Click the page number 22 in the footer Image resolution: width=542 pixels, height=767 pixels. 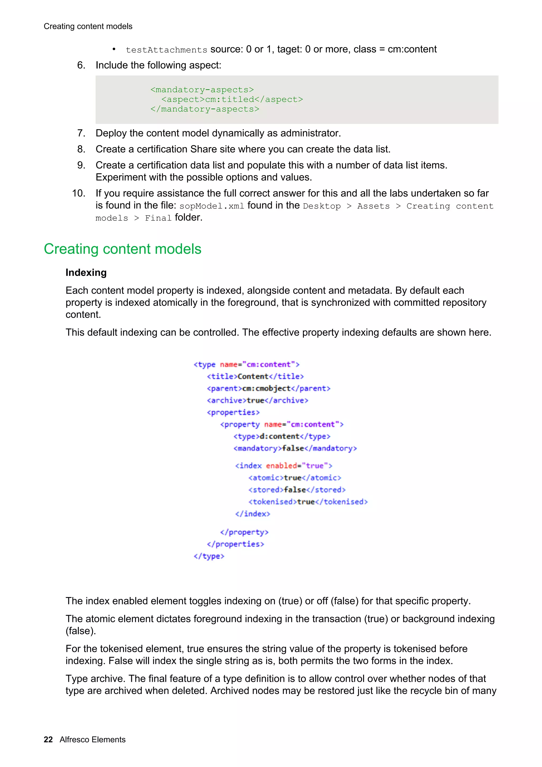[x=48, y=739]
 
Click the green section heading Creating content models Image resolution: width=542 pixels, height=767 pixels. [x=123, y=249]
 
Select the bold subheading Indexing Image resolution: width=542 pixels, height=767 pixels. [x=86, y=273]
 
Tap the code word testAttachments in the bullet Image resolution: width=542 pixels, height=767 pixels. [x=166, y=50]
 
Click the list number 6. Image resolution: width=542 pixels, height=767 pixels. [x=81, y=65]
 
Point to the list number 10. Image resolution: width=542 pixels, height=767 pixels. [x=79, y=193]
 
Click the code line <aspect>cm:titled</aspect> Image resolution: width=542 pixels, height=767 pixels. [x=232, y=100]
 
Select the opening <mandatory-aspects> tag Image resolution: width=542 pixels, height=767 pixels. [x=202, y=90]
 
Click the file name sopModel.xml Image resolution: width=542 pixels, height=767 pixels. [x=212, y=206]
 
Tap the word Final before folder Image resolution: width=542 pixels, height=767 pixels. [x=158, y=218]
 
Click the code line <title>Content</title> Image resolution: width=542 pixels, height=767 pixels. [x=255, y=376]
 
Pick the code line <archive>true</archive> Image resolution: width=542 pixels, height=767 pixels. [x=258, y=400]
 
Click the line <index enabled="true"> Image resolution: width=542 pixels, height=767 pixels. [x=283, y=466]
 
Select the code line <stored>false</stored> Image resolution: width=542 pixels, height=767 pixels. [x=297, y=490]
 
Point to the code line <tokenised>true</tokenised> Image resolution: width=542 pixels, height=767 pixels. [x=308, y=502]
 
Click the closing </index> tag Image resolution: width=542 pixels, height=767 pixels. [x=252, y=514]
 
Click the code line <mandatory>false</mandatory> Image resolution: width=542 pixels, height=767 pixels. [x=295, y=448]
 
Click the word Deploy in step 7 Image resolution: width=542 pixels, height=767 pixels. [x=111, y=133]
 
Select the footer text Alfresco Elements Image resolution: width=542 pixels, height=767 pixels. [x=93, y=739]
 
